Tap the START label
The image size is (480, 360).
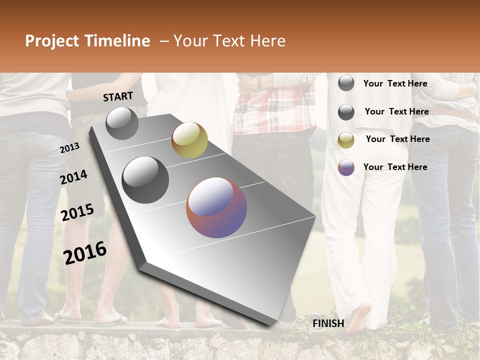(x=118, y=96)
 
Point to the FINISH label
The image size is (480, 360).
(x=328, y=323)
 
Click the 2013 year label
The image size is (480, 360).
(x=69, y=148)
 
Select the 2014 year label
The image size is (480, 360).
(x=73, y=177)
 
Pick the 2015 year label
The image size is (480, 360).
(x=77, y=212)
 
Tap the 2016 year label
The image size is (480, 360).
(x=85, y=252)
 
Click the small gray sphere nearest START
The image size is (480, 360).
(x=122, y=123)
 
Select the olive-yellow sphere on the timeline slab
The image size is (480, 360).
(x=189, y=139)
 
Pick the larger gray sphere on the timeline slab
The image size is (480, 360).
(x=145, y=179)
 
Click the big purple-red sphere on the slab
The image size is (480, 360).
(x=216, y=207)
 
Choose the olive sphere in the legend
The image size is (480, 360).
(x=346, y=140)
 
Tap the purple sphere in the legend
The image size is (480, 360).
(x=346, y=167)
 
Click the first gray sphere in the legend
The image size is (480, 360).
(x=346, y=83)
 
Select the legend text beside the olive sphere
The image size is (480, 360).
(x=397, y=139)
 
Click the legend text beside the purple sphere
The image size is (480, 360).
(x=395, y=167)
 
